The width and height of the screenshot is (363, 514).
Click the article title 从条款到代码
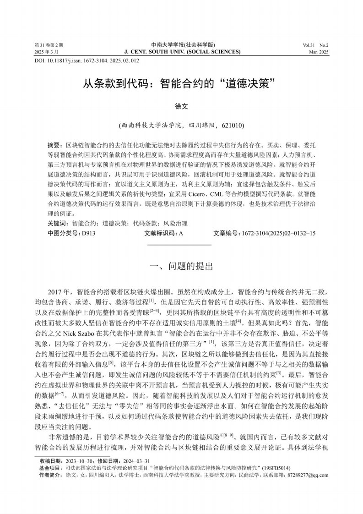tap(181, 84)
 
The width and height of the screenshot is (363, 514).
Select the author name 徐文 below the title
tap(182, 106)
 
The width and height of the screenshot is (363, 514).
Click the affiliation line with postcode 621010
tap(182, 124)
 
